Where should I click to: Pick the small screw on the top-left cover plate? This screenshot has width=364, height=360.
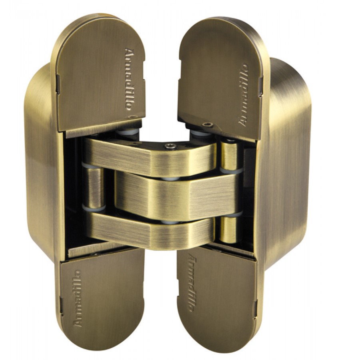point(133,116)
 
